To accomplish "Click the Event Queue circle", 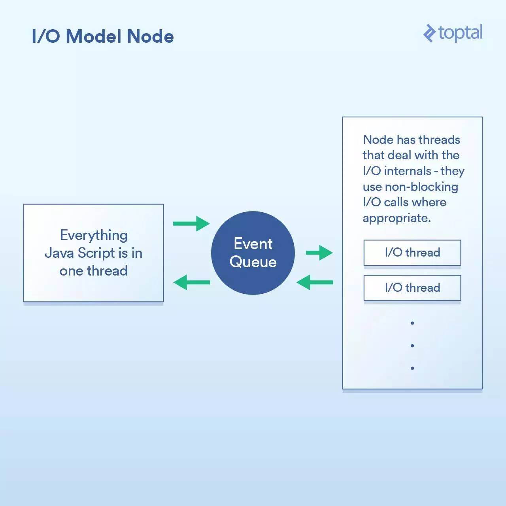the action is [x=253, y=253].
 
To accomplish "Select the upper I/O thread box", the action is [x=412, y=253].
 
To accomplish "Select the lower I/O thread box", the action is [x=412, y=288].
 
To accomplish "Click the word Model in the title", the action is [x=93, y=36].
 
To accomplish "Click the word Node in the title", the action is [x=150, y=36].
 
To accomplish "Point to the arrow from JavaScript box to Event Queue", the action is [x=191, y=224].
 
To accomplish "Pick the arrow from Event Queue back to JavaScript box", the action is [x=191, y=282].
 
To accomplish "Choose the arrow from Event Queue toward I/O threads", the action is [x=319, y=253].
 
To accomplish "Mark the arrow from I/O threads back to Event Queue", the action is [x=315, y=282].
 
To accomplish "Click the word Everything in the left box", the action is [x=94, y=236].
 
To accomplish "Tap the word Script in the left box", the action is [x=96, y=253].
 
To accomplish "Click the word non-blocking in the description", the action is [x=421, y=187].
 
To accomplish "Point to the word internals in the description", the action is [x=408, y=171].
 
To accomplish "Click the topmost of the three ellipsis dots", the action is [x=412, y=323].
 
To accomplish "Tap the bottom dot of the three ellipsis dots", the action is [x=412, y=368].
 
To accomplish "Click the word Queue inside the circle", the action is [x=253, y=262].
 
